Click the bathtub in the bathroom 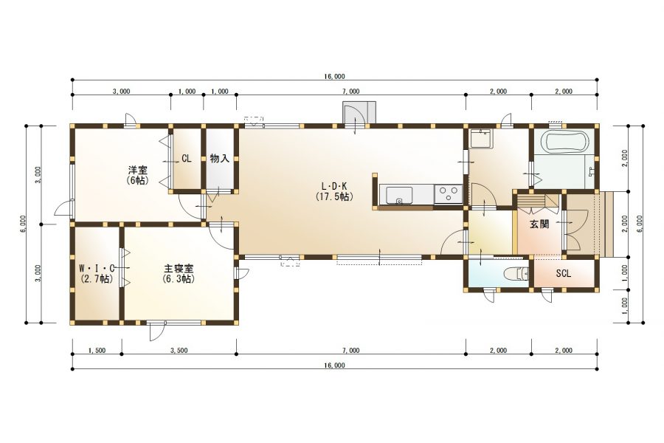(565, 141)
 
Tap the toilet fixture (516, 274)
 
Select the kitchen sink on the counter (398, 195)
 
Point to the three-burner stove (449, 195)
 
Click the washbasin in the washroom (482, 139)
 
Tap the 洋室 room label (138, 171)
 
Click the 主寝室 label (179, 268)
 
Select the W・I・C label (97, 268)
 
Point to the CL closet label (187, 159)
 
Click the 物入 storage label (219, 159)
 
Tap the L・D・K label (334, 185)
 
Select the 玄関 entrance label (539, 224)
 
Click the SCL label (563, 274)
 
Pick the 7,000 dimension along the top (351, 91)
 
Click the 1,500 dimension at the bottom (97, 351)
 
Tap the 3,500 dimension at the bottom (179, 351)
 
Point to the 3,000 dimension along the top (122, 91)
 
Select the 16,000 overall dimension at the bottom (334, 365)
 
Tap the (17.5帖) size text (334, 196)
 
